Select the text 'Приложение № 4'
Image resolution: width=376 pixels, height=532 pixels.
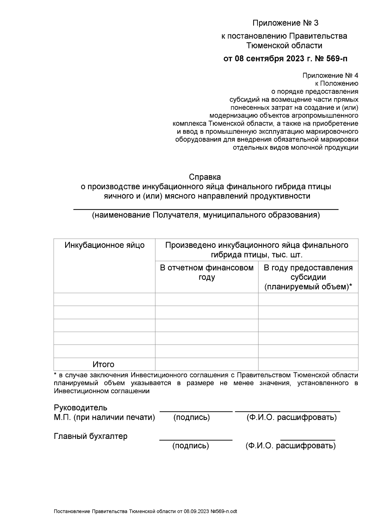tap(330, 76)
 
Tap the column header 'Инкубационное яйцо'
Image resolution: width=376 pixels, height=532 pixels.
tap(105, 245)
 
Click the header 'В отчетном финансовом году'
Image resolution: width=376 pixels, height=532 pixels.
tap(207, 272)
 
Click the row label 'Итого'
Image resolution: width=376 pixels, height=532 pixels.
tap(103, 364)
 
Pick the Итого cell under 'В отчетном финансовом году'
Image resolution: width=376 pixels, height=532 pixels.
tap(207, 364)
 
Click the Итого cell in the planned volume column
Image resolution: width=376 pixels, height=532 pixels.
tap(308, 364)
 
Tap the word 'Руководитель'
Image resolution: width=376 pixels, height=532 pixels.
tap(81, 408)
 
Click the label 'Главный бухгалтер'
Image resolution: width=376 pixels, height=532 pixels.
tap(91, 436)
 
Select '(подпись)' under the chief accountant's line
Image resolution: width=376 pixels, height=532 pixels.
tap(191, 445)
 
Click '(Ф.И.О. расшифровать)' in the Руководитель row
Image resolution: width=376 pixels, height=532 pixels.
tap(291, 417)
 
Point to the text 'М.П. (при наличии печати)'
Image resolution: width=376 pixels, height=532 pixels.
tap(104, 417)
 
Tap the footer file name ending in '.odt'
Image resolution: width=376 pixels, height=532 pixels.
tap(145, 511)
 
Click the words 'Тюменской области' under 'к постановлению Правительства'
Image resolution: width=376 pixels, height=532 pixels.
tap(284, 46)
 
